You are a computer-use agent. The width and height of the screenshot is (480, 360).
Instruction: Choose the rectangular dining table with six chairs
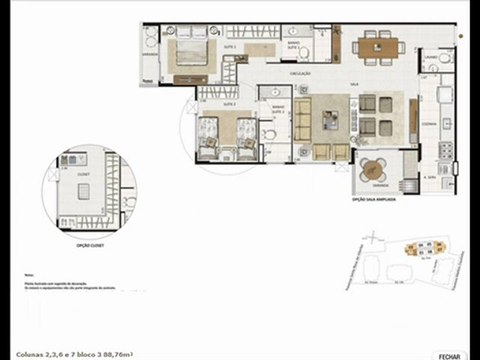coord(378,46)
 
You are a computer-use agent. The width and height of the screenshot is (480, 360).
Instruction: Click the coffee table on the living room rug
coord(329,120)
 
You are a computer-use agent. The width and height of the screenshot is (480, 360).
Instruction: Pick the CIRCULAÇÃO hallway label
coord(301,72)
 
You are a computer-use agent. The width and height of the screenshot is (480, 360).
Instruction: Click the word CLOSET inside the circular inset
coord(81,172)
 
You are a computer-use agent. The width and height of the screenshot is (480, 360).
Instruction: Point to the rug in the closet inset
coord(93,196)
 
